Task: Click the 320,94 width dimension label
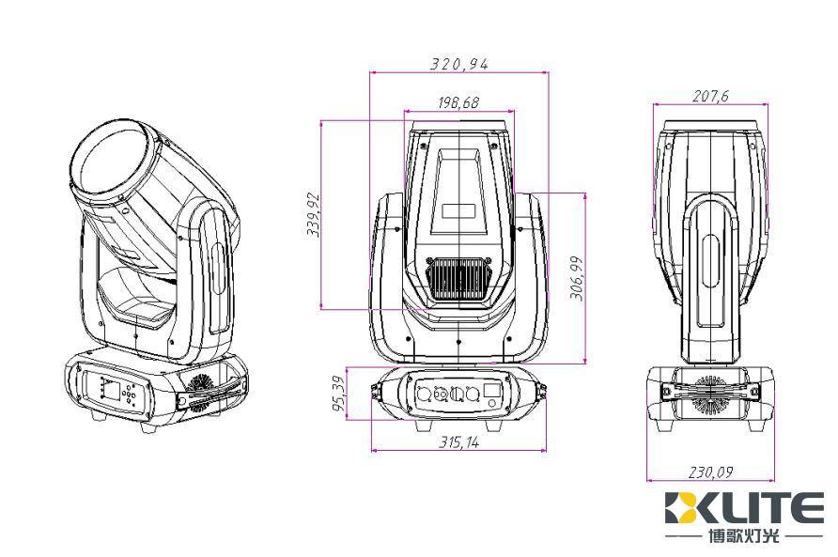point(459,64)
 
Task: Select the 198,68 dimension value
point(458,102)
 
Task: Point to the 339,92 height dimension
point(313,214)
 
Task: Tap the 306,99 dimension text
point(577,278)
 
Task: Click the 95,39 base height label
point(339,394)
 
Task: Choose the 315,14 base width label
point(459,442)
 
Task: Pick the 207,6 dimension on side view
point(711,96)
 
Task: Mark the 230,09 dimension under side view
point(710,472)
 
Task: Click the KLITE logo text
point(744,508)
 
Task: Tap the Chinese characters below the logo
point(744,536)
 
